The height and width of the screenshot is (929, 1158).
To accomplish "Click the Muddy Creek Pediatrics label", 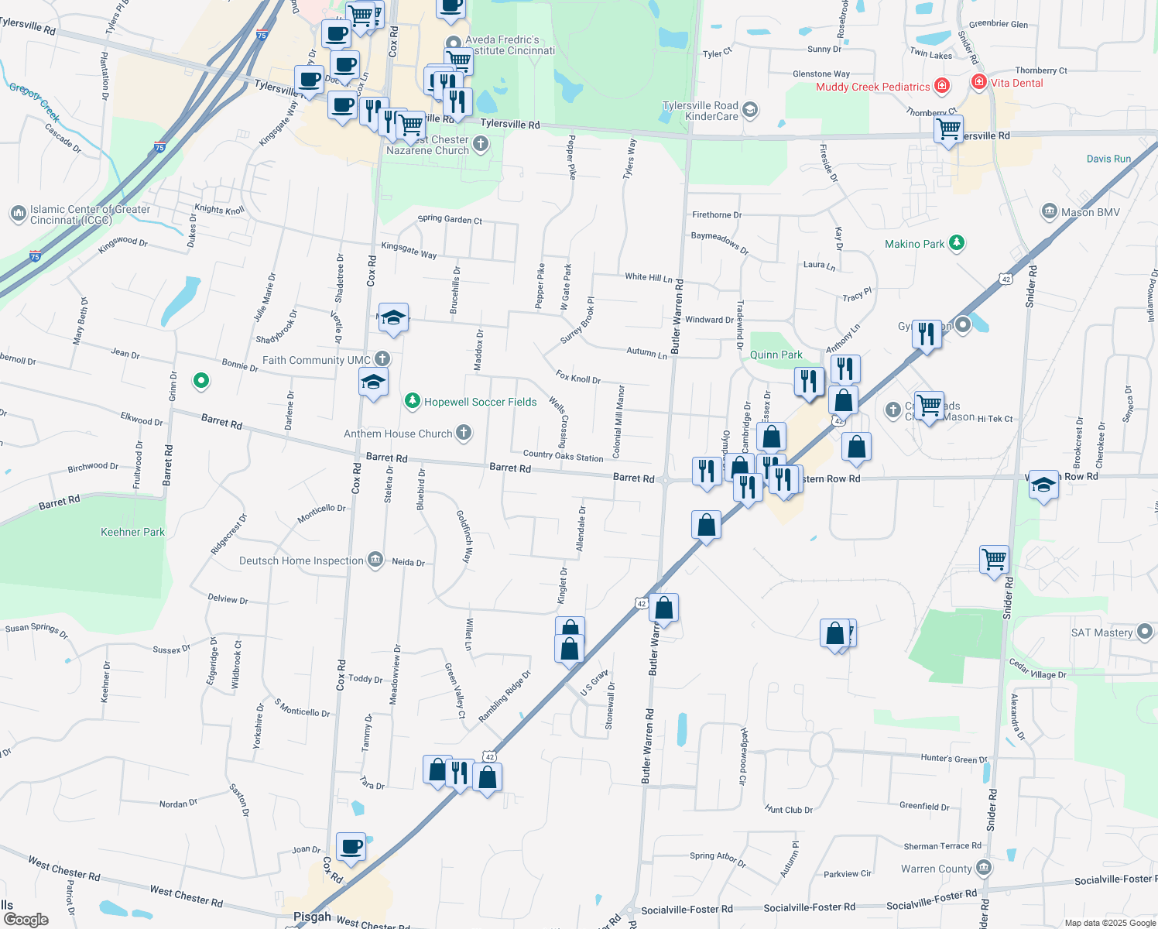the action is [872, 87].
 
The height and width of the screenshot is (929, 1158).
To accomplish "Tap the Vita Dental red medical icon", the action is [979, 82].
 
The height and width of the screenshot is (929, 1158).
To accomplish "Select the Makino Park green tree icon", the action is [957, 243].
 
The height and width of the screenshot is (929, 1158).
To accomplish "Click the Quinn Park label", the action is [776, 355].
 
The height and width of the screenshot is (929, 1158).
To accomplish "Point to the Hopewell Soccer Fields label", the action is [480, 402].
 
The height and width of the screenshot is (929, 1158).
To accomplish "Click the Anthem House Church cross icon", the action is [464, 433].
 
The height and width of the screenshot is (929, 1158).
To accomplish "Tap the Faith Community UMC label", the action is [316, 360].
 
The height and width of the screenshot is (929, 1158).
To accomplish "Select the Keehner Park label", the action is [132, 532].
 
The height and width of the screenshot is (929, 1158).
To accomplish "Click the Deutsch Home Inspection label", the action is [301, 560].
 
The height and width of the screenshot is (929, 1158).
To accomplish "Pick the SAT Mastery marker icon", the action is [1145, 632].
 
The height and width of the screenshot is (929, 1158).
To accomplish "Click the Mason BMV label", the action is [1090, 212].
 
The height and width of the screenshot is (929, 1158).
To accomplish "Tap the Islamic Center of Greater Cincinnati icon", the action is [18, 213].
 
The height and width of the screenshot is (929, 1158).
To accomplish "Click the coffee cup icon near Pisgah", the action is [351, 846].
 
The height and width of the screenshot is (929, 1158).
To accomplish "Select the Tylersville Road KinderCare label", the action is [701, 111].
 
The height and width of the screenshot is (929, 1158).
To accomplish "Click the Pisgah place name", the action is [312, 917].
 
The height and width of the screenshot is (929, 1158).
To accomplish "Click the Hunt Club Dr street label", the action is [789, 810].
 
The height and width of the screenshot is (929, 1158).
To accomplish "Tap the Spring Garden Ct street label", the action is [450, 219].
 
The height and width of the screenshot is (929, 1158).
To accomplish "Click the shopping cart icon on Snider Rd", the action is [994, 557].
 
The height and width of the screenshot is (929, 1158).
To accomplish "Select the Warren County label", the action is [936, 869].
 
